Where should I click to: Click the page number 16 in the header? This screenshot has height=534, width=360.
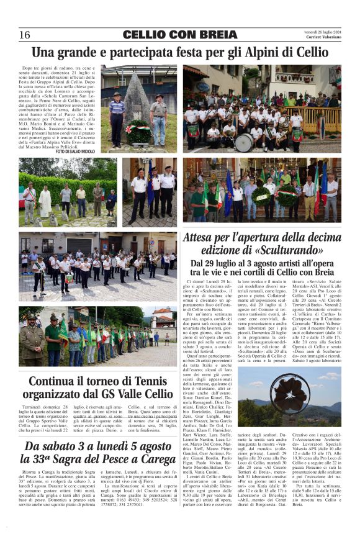(25, 35)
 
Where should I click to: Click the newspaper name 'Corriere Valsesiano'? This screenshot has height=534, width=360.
(323, 38)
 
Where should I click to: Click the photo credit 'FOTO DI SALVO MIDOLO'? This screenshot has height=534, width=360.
(76, 151)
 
